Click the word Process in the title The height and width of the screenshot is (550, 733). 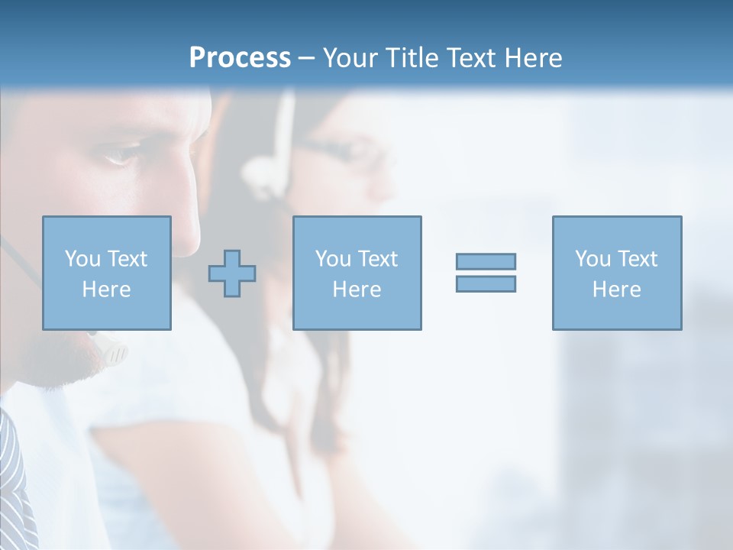point(240,58)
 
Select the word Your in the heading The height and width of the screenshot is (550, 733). point(348,58)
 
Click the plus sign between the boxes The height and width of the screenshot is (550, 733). point(232,273)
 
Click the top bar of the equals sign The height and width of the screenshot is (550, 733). point(486,261)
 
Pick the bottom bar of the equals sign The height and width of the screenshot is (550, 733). point(486,283)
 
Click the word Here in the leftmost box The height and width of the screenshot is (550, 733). point(106,290)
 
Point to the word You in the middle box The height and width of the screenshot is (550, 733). point(333,259)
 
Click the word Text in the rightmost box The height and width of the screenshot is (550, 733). point(638,259)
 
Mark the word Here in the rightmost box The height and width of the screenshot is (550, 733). point(616,290)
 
